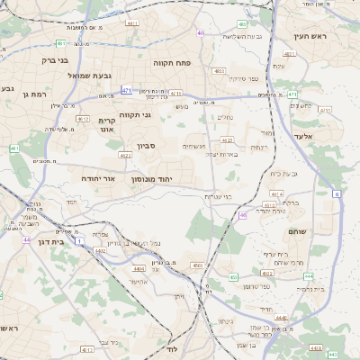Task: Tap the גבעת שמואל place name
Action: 89,76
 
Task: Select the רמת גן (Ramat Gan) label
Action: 35,94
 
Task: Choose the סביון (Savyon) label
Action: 147,145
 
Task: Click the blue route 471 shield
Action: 127,90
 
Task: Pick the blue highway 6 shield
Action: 337,193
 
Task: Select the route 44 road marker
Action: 27,240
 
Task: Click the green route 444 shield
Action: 292,94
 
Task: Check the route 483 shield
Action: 243,23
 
